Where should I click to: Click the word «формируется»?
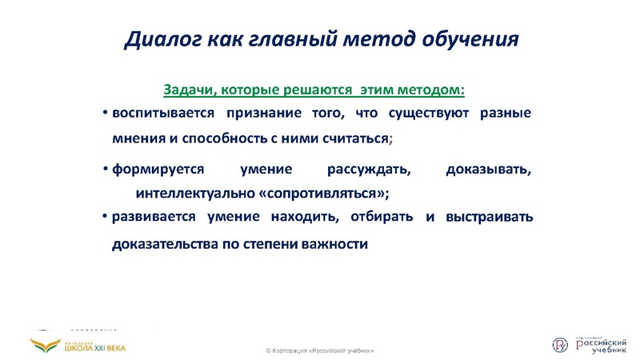158,170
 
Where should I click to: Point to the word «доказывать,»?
489,170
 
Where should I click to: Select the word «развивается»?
155,217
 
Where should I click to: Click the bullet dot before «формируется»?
106,170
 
